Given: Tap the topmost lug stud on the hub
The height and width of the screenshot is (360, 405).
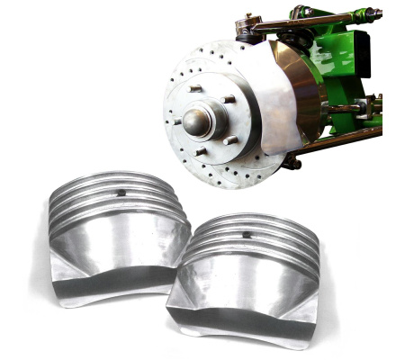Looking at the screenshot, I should pos(195,88).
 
